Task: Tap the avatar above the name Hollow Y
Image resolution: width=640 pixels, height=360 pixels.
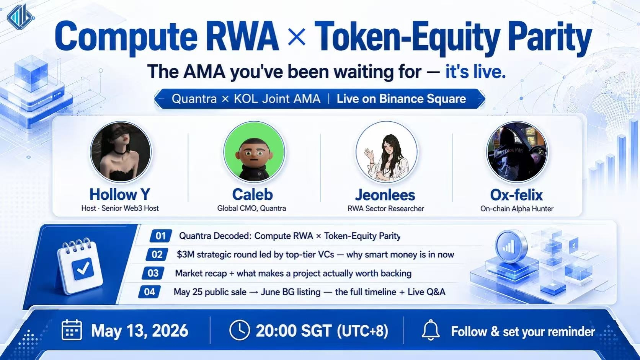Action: coord(121,151)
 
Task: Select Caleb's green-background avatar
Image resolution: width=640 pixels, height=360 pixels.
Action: coord(254,151)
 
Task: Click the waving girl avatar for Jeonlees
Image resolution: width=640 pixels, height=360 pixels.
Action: coord(386,151)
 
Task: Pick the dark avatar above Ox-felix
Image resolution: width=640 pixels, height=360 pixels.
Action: coord(517,151)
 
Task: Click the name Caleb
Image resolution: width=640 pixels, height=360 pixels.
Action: coord(252,194)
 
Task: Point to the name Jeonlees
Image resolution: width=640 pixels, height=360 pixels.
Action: coord(385,195)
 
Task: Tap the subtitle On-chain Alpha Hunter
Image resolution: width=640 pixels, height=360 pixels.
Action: coord(517,209)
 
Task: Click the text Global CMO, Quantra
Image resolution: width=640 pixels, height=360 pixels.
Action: coord(251,208)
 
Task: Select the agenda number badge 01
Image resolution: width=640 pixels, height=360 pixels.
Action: coord(160,236)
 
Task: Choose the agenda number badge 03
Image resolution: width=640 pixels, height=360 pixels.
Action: coord(153,273)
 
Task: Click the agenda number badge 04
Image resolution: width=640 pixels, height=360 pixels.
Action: coord(149,292)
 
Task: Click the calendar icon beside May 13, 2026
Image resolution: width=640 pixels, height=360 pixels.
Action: coord(72,330)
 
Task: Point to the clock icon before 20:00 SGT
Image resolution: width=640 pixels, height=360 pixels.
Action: coord(240,330)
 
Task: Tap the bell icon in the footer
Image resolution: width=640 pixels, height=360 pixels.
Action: coord(431,330)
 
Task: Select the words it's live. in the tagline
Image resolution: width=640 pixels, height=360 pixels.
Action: coord(475,72)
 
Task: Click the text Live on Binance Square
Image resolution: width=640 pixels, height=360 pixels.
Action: coord(401,99)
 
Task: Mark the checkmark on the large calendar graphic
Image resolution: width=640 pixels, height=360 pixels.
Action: coord(83,268)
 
